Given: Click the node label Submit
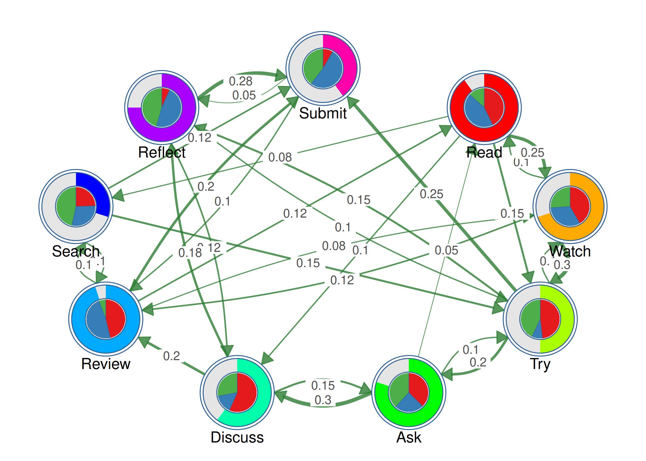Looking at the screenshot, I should [323, 113].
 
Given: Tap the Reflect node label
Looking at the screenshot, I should [161, 152].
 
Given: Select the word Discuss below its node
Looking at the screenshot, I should [237, 437].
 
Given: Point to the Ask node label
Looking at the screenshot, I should [409, 437].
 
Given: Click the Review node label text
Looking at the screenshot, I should [106, 364].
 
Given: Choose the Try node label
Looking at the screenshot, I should [540, 364].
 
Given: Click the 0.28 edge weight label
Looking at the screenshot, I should [241, 81].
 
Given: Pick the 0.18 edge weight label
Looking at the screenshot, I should [190, 253].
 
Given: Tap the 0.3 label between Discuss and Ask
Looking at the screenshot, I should [323, 400].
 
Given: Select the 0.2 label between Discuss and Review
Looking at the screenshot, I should [171, 356].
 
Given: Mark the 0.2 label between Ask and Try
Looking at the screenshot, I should [478, 362].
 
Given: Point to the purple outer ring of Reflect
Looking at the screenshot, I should [172, 135].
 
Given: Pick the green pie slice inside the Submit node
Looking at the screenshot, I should [312, 66].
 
